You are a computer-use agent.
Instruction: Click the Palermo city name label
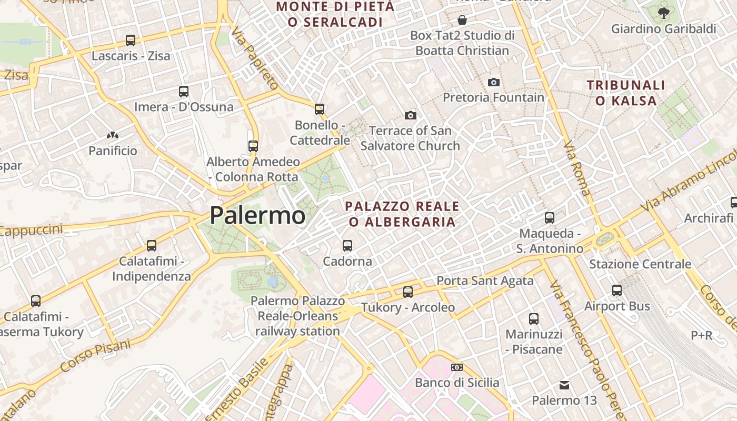pyautogui.click(x=257, y=215)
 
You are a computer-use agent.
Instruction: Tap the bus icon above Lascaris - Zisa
pyautogui.click(x=130, y=41)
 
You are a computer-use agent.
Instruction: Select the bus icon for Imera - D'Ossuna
pyautogui.click(x=184, y=92)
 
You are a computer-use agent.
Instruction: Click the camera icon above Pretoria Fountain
pyautogui.click(x=493, y=82)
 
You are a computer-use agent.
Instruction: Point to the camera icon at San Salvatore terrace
pyautogui.click(x=411, y=115)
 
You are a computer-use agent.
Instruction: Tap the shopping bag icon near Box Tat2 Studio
pyautogui.click(x=462, y=21)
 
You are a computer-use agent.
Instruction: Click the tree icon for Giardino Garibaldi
pyautogui.click(x=664, y=13)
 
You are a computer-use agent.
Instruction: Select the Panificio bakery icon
pyautogui.click(x=112, y=136)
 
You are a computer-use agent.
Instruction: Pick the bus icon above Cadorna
pyautogui.click(x=347, y=246)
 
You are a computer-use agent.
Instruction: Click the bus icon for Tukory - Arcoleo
pyautogui.click(x=408, y=292)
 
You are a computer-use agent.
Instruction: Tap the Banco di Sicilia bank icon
pyautogui.click(x=457, y=367)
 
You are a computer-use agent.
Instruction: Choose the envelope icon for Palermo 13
pyautogui.click(x=564, y=385)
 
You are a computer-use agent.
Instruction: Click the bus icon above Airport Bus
pyautogui.click(x=617, y=290)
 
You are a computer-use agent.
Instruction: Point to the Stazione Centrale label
pyautogui.click(x=640, y=264)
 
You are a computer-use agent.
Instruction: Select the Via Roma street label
pyautogui.click(x=577, y=168)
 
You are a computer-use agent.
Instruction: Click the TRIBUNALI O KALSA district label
pyautogui.click(x=626, y=93)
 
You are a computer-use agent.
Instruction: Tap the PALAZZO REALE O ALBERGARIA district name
pyautogui.click(x=402, y=214)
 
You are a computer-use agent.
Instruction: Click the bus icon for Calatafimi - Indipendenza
pyautogui.click(x=152, y=246)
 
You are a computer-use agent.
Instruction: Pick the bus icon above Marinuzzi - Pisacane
pyautogui.click(x=534, y=319)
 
